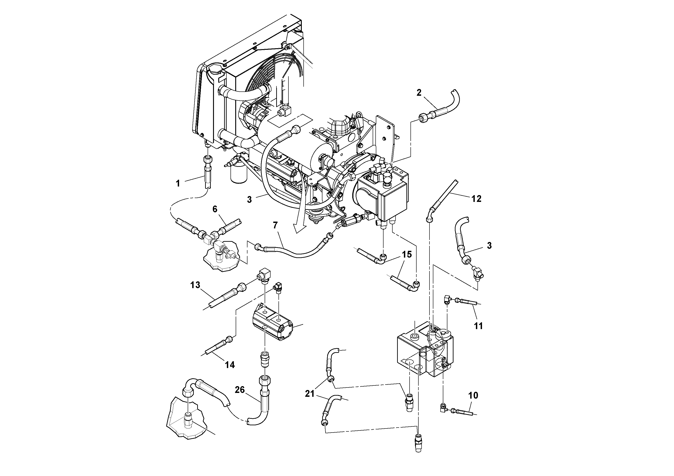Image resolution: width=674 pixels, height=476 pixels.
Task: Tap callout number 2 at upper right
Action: (419, 93)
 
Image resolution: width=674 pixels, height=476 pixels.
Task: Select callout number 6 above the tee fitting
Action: (215, 209)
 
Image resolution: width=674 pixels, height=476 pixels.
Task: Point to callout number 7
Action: (275, 225)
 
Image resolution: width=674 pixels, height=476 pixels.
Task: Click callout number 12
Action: (476, 199)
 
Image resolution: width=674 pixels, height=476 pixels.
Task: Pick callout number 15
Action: (407, 254)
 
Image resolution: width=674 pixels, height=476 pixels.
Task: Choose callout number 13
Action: (195, 285)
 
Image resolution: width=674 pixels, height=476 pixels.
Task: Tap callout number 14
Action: (230, 365)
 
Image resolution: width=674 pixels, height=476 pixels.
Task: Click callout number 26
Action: (240, 390)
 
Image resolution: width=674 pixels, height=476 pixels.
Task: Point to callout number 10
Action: (473, 396)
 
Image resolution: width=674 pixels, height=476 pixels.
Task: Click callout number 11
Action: (478, 326)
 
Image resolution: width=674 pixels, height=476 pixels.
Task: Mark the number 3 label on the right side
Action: (489, 246)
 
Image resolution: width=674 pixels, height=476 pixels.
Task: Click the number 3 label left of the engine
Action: (249, 200)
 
